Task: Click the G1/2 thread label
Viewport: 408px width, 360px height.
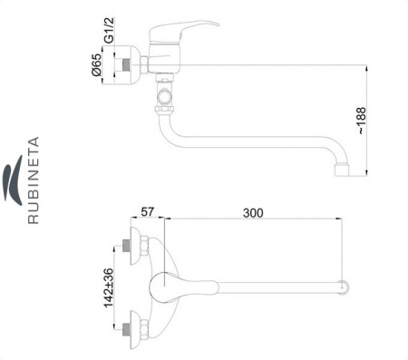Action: pos(109,30)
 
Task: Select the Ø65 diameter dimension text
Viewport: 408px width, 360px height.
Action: pos(97,65)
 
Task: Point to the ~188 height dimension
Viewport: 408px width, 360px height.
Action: pos(361,121)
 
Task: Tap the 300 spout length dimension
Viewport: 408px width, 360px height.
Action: pos(253,213)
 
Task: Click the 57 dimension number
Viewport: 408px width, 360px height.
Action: pos(148,212)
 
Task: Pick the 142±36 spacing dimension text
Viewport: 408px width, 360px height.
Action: pos(109,287)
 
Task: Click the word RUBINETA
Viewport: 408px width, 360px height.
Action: pos(34,180)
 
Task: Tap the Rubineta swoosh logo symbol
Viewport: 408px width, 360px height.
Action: pos(13,180)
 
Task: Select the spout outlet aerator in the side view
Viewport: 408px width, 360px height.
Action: pos(342,170)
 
